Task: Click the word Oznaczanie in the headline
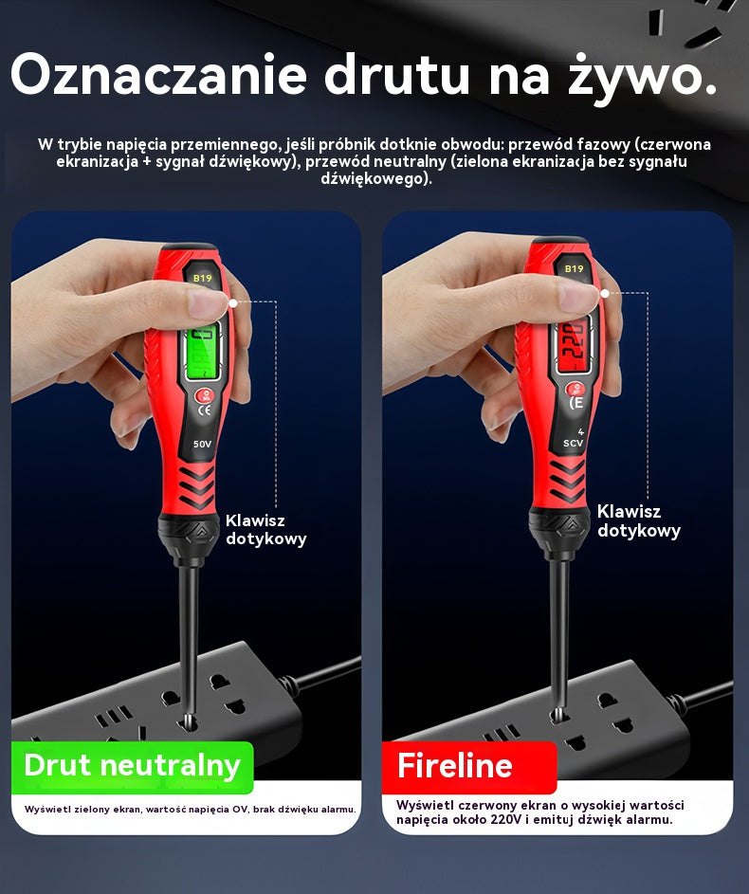159,75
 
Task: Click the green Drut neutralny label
132,765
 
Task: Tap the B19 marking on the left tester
202,278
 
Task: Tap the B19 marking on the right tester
574,268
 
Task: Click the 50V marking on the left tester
202,444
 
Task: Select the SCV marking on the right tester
573,443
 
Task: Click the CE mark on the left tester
204,410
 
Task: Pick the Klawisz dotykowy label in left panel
265,529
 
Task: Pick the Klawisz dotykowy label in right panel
639,520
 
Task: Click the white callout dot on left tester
232,303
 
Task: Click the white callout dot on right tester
605,293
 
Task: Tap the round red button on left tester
205,395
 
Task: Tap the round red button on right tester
575,389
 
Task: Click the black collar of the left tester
189,536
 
